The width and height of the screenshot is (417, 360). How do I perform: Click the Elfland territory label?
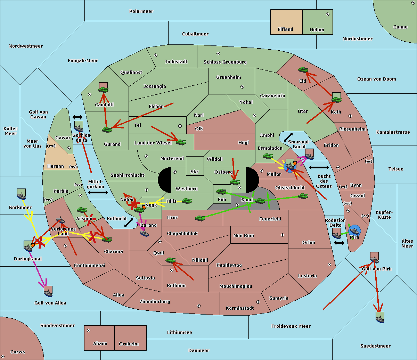click(285, 30)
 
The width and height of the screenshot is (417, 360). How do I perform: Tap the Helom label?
click(317, 30)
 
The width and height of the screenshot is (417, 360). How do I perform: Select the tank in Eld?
click(303, 70)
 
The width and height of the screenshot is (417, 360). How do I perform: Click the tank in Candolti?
click(103, 90)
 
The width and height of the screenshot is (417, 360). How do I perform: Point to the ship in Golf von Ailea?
click(48, 293)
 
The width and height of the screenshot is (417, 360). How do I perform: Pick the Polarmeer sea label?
click(141, 11)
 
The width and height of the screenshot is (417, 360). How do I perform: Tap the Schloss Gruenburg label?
click(225, 62)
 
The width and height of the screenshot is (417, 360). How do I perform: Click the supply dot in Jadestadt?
click(156, 55)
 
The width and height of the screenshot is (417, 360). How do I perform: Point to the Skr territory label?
click(194, 171)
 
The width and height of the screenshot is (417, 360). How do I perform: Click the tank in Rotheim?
click(171, 260)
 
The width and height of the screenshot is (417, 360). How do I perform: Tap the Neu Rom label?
click(244, 236)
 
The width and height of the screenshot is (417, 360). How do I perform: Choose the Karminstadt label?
click(240, 308)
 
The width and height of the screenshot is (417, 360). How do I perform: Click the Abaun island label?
click(100, 344)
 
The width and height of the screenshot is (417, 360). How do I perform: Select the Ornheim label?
click(129, 344)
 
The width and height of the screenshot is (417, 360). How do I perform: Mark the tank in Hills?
click(187, 201)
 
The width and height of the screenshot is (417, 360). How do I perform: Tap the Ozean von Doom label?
click(376, 79)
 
